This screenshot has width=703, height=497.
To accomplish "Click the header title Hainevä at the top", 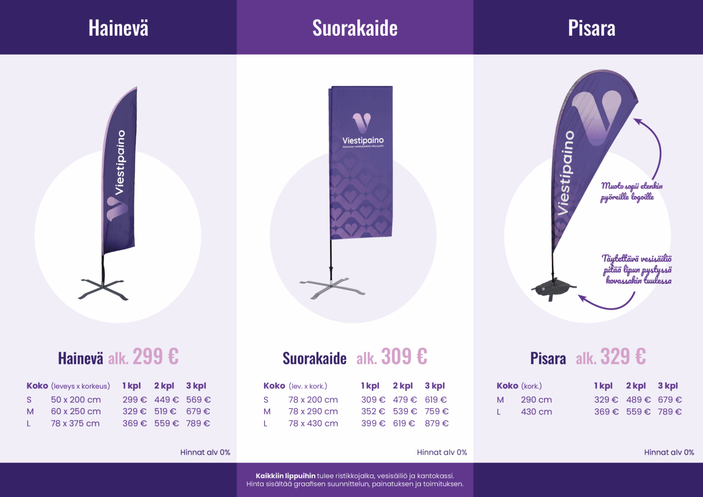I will [x=118, y=28].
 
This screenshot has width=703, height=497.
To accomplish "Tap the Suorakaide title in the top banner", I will [x=355, y=28].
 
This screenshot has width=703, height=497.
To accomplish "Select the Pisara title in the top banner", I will [x=591, y=28].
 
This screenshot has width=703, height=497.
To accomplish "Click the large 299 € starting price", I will [x=156, y=356].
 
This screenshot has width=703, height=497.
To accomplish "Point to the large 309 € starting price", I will [x=404, y=356].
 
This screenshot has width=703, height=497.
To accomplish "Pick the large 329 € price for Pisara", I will [x=623, y=356].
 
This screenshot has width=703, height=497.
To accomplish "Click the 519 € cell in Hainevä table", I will [x=166, y=412].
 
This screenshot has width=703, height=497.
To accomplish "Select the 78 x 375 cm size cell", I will [x=76, y=423].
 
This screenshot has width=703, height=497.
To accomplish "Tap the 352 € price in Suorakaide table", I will [x=373, y=412].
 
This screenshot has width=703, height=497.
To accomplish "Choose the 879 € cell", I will [x=436, y=423].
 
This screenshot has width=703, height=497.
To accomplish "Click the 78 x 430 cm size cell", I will [x=313, y=423].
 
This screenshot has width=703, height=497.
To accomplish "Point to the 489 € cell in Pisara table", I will [x=638, y=400].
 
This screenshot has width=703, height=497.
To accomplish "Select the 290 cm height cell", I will [x=536, y=400].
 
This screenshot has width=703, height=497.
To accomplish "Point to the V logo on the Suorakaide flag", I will [x=362, y=123].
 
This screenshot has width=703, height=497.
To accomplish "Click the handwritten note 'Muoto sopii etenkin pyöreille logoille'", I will [x=631, y=191].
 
